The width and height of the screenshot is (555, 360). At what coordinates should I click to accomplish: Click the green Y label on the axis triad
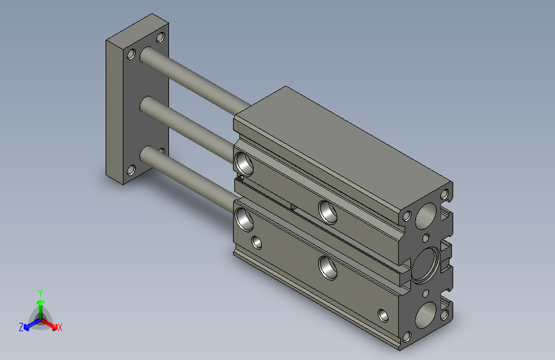click(40, 293)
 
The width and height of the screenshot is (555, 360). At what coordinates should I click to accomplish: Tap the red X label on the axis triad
click(60, 327)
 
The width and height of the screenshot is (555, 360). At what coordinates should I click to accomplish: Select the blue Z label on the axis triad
click(21, 327)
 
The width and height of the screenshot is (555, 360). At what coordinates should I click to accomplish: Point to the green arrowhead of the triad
click(41, 302)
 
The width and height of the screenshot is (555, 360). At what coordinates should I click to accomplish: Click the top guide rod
click(195, 80)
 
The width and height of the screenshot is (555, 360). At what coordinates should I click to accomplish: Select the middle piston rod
click(186, 129)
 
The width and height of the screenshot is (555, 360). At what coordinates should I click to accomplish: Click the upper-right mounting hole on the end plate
click(161, 37)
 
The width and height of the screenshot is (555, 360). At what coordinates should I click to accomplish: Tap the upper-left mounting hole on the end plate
click(131, 54)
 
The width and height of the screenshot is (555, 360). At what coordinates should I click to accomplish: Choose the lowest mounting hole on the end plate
click(131, 170)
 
